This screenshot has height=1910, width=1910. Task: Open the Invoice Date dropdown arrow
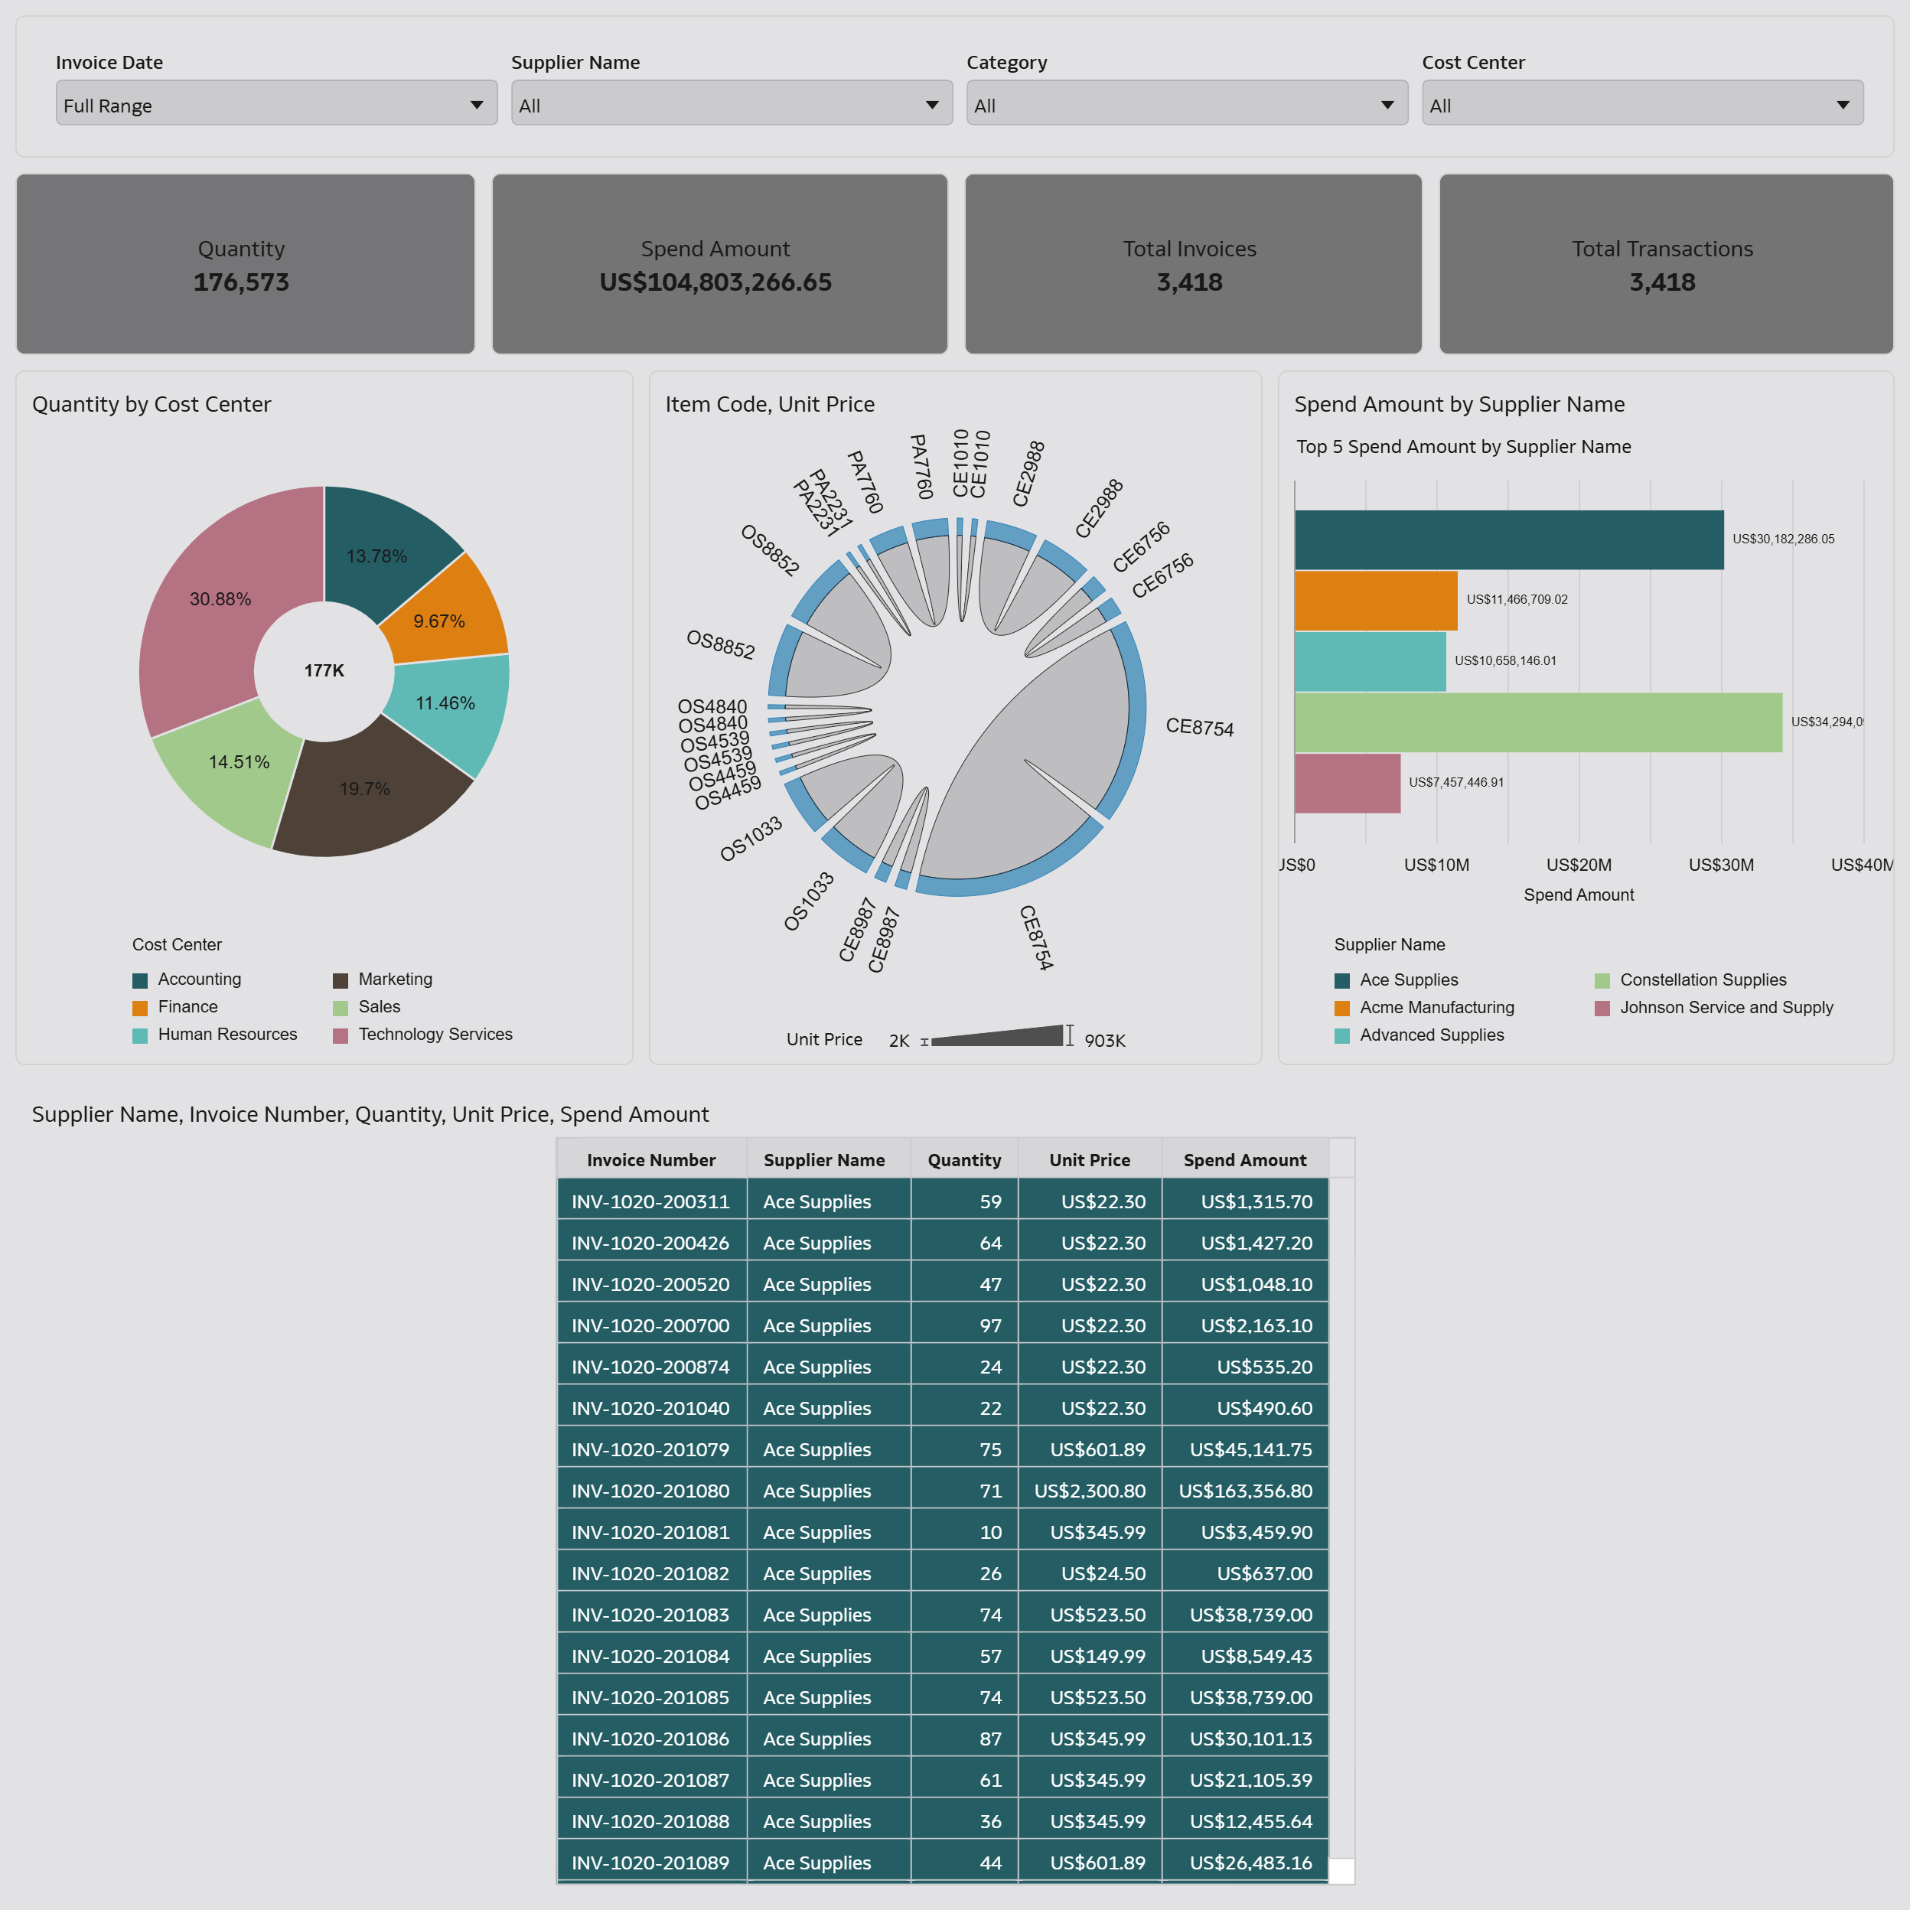pyautogui.click(x=477, y=105)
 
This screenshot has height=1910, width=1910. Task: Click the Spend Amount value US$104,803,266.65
pyautogui.click(x=715, y=282)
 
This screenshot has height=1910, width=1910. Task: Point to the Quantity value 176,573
pyautogui.click(x=241, y=282)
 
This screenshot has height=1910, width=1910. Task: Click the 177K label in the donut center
pyautogui.click(x=324, y=670)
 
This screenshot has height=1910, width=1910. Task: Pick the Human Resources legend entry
pyautogui.click(x=227, y=1034)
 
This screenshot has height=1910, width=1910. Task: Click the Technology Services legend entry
pyautogui.click(x=435, y=1034)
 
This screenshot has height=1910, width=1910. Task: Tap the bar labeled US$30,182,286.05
pyautogui.click(x=1507, y=539)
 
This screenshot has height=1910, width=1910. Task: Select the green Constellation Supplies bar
pyautogui.click(x=1537, y=722)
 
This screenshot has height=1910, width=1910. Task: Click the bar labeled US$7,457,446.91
pyautogui.click(x=1347, y=783)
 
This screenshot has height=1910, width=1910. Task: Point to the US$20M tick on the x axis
pyautogui.click(x=1579, y=865)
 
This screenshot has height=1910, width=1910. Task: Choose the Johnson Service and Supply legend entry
pyautogui.click(x=1725, y=1007)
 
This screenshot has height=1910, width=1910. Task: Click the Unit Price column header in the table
pyautogui.click(x=1090, y=1159)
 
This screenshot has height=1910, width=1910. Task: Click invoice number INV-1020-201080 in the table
pyautogui.click(x=650, y=1491)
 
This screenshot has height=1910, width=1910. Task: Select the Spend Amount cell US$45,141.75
pyautogui.click(x=1250, y=1449)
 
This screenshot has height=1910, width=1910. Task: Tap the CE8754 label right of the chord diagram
pyautogui.click(x=1199, y=728)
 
